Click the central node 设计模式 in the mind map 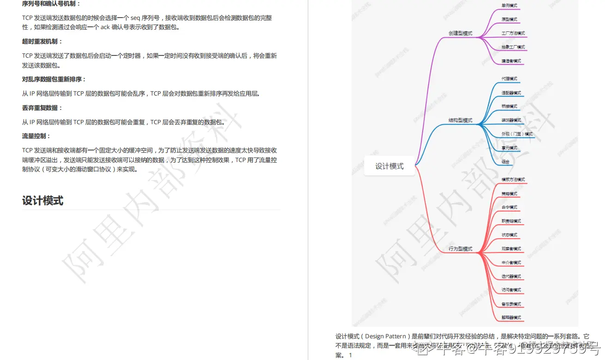click(x=389, y=166)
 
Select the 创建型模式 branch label click(x=460, y=33)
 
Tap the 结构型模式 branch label click(x=460, y=120)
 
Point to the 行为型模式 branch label click(x=460, y=249)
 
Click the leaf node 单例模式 click(x=509, y=6)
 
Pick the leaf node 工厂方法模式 click(x=513, y=33)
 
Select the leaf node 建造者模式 click(x=511, y=61)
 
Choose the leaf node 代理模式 click(x=509, y=78)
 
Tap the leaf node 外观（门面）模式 click(x=517, y=134)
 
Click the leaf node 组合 click(x=505, y=162)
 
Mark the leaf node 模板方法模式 click(x=513, y=179)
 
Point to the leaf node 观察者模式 click(x=511, y=249)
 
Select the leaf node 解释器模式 click(x=511, y=318)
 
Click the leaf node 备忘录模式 click(x=511, y=304)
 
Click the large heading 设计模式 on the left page click(x=42, y=201)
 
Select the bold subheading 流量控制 click(x=36, y=136)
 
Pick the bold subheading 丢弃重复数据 click(x=42, y=108)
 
